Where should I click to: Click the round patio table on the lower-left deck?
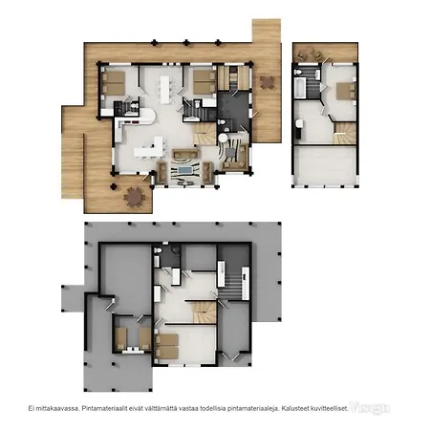click(136, 197)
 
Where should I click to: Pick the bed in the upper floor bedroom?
click(343, 92)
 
